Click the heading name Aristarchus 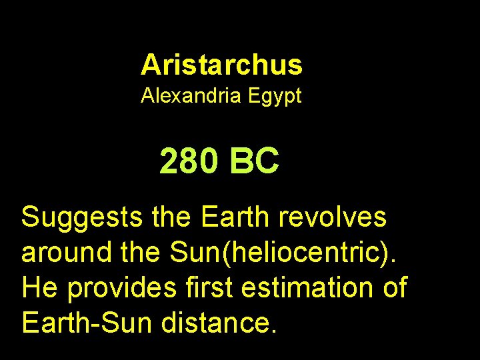click(221, 65)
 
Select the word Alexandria click(191, 96)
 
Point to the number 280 click(188, 161)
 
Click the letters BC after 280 click(254, 161)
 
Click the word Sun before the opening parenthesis click(195, 253)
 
